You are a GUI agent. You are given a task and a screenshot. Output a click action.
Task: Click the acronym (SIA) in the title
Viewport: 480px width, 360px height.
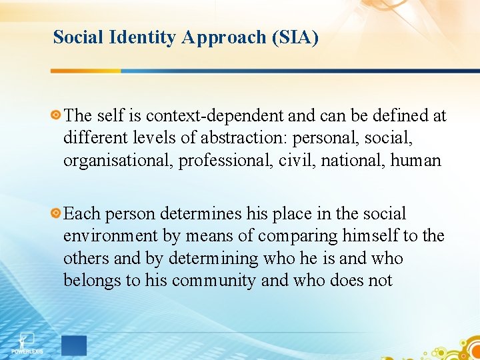pyautogui.click(x=295, y=37)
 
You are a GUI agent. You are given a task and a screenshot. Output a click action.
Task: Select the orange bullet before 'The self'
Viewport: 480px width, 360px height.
pyautogui.click(x=56, y=115)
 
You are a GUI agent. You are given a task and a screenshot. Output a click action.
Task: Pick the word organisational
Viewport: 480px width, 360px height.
pyautogui.click(x=117, y=161)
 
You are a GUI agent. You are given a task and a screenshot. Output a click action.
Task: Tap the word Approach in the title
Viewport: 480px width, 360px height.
pyautogui.click(x=225, y=37)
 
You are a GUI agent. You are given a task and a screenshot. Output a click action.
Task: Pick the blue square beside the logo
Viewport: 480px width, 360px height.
pyautogui.click(x=74, y=345)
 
